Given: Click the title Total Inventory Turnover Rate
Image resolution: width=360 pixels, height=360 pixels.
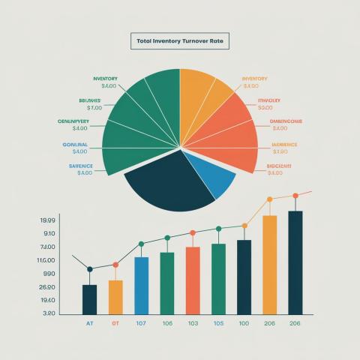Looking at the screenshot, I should pos(179,40).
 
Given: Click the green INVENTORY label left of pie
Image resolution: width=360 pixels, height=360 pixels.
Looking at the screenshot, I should pos(104,79).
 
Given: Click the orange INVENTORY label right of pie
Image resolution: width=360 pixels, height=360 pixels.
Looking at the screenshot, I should pos(254,79).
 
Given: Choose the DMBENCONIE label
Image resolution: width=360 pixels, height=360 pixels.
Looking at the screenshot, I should pos(286,121).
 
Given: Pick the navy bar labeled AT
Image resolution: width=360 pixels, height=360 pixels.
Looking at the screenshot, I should pos(89,299).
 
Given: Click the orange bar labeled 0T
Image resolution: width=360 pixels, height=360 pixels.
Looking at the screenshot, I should pos(115,297).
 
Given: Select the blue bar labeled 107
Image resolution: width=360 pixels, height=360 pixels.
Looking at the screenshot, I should pos(141,286).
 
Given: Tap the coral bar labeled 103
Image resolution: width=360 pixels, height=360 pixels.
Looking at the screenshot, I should pos(193,280).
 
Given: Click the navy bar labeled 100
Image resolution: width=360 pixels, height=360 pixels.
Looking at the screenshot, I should pos(244,277).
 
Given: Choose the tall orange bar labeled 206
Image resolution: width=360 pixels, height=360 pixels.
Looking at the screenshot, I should pos(269,265).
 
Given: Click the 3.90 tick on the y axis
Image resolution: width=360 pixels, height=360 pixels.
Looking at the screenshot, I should pos(28,313).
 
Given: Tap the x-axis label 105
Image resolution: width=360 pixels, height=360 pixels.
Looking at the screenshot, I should pos(218,323).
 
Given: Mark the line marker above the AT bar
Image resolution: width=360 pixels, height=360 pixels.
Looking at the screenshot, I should pos(89,269).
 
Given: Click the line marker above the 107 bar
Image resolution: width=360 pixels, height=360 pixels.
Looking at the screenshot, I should pos(141,244).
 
